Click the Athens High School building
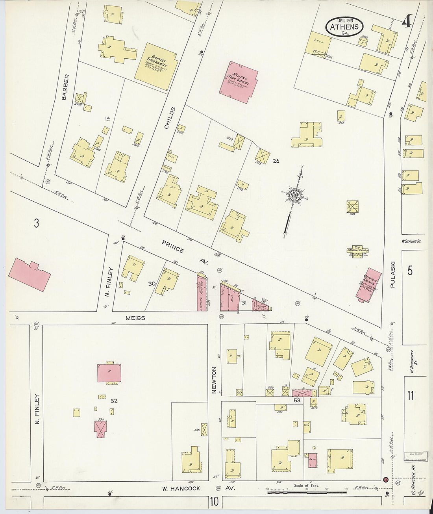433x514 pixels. pos(239,82)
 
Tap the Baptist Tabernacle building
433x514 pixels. pos(156,66)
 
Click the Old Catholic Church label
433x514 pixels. pos(357,251)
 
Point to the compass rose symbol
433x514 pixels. pos(294,195)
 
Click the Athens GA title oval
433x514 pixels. pos(344,27)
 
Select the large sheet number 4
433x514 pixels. pos(407,20)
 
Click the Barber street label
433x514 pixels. pos(66,87)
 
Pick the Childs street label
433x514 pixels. pos(169,118)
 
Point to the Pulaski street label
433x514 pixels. pos(392,275)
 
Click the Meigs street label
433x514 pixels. pos(135,318)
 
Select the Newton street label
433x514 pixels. pos(215,380)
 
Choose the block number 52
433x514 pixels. pos(114,401)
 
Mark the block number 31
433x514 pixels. pos(244,302)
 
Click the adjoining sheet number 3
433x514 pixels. pos(36,223)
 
